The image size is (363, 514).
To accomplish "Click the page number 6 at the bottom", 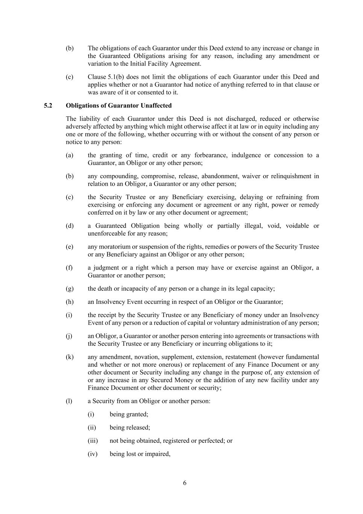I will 185,483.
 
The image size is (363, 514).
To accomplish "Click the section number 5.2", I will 48,106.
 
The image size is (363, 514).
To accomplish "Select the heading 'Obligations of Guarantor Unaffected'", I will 119,106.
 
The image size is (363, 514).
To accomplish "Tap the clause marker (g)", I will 70,289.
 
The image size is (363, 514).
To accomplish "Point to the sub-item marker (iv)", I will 92,454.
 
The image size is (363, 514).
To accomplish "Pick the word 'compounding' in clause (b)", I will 117,176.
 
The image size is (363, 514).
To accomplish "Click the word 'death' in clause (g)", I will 106,289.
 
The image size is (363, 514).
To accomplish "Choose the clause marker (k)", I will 70,357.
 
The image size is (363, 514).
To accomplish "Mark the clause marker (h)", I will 70,302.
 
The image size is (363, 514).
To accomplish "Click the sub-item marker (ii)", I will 92,428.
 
